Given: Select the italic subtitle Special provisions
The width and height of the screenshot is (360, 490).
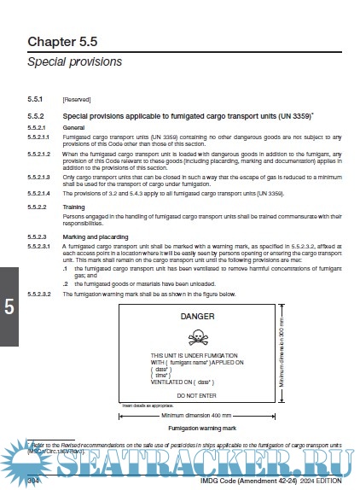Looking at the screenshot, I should [75, 62].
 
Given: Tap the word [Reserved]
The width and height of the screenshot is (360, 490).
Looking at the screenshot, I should [78, 100].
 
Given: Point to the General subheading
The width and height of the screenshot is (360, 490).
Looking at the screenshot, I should [74, 126].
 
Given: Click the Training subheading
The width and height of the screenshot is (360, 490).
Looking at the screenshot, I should [75, 207].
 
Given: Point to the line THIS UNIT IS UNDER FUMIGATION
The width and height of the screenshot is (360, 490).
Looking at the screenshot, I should [194, 354].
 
